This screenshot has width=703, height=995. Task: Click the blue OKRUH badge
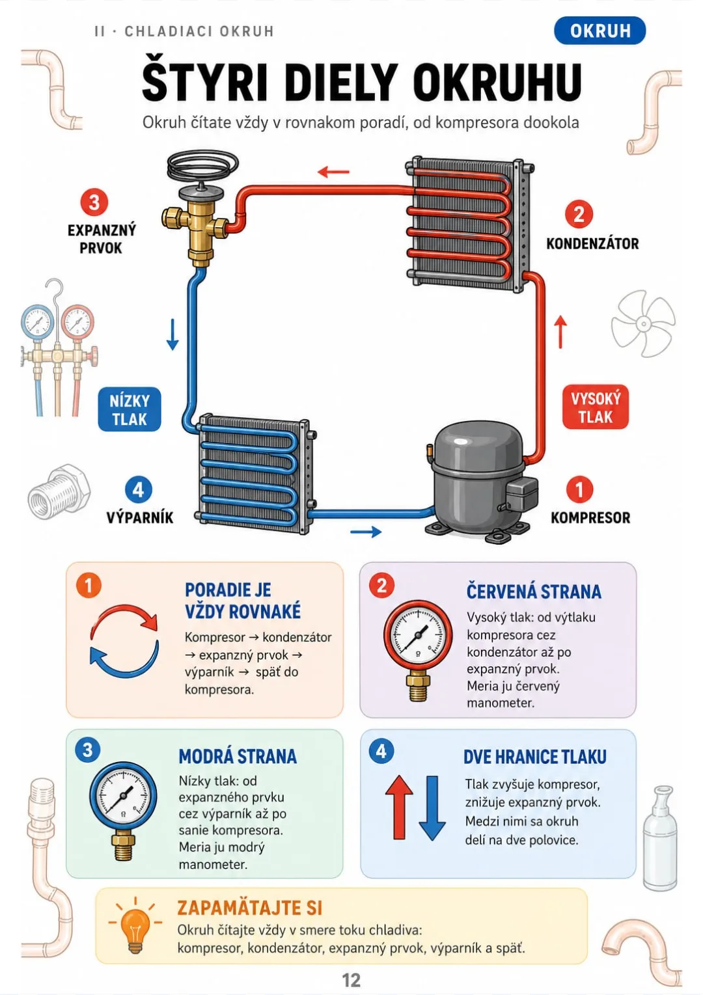point(600,31)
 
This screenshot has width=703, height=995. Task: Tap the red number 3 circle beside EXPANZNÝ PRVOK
point(94,202)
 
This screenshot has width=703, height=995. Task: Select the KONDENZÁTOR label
point(592,243)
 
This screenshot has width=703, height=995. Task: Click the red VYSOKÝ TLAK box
point(595,407)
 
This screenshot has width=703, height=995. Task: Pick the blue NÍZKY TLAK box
point(130,409)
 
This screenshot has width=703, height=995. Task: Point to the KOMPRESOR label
point(590,517)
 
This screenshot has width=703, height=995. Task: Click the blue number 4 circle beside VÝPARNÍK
point(139,489)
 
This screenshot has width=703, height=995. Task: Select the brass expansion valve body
point(195,225)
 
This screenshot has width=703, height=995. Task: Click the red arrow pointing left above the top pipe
point(334,171)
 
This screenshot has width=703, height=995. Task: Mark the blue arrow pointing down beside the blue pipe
point(172,334)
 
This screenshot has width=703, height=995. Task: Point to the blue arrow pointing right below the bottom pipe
point(366,531)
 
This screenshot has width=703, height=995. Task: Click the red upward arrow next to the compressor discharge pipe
point(561,332)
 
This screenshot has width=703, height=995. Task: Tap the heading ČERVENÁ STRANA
point(534,592)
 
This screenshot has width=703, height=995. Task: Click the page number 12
point(351,980)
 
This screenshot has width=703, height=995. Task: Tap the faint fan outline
point(642,324)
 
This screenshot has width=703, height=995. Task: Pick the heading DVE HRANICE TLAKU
point(534,757)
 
